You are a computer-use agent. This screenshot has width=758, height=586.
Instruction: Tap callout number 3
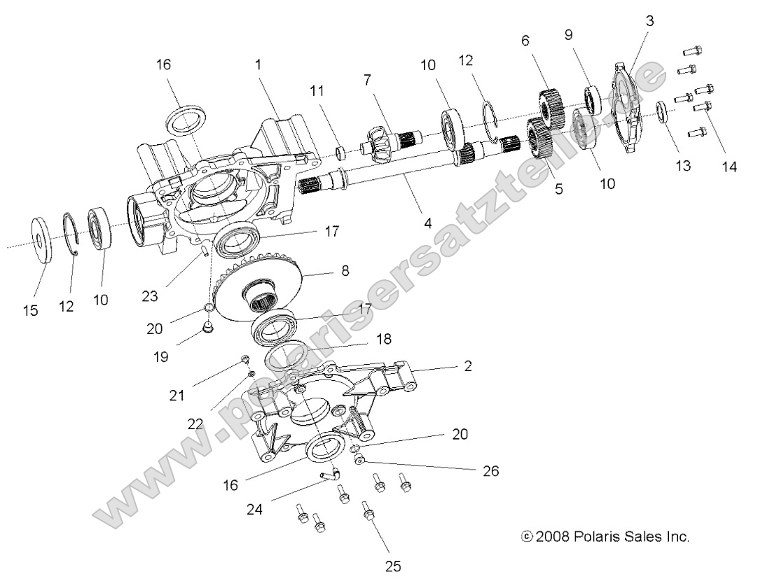[x=649, y=22]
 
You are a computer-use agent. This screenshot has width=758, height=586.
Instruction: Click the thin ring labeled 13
[x=661, y=111]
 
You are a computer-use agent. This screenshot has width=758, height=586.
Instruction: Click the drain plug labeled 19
[x=207, y=327]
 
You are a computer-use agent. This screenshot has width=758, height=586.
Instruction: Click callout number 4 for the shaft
[x=428, y=223]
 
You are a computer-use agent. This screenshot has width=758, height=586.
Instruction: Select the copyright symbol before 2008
[x=527, y=537]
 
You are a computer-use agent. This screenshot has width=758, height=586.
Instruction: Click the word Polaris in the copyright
[x=595, y=537]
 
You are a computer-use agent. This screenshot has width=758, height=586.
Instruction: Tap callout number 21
[x=177, y=395]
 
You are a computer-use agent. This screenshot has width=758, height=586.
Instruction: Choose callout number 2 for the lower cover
[x=468, y=366]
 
